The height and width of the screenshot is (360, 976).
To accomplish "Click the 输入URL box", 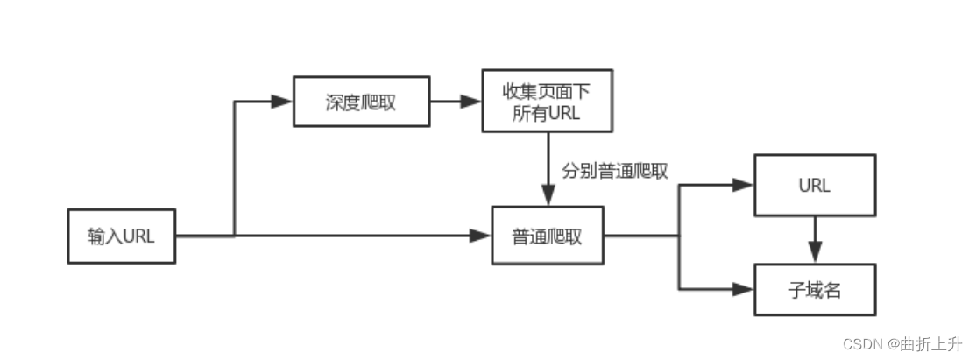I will [122, 236].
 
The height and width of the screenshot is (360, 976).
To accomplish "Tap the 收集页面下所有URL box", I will [547, 102].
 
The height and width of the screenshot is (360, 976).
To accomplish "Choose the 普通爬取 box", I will [547, 236].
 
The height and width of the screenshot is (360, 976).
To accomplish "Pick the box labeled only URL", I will [815, 186].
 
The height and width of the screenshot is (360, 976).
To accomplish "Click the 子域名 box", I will [815, 289].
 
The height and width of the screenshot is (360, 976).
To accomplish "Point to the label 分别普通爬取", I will [615, 172].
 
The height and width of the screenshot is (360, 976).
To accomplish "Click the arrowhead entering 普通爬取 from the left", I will [479, 236].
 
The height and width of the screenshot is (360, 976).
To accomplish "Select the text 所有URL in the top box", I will [547, 113].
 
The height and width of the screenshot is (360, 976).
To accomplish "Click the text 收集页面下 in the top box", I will [547, 91].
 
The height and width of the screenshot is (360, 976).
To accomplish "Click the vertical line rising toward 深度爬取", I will [235, 166].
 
